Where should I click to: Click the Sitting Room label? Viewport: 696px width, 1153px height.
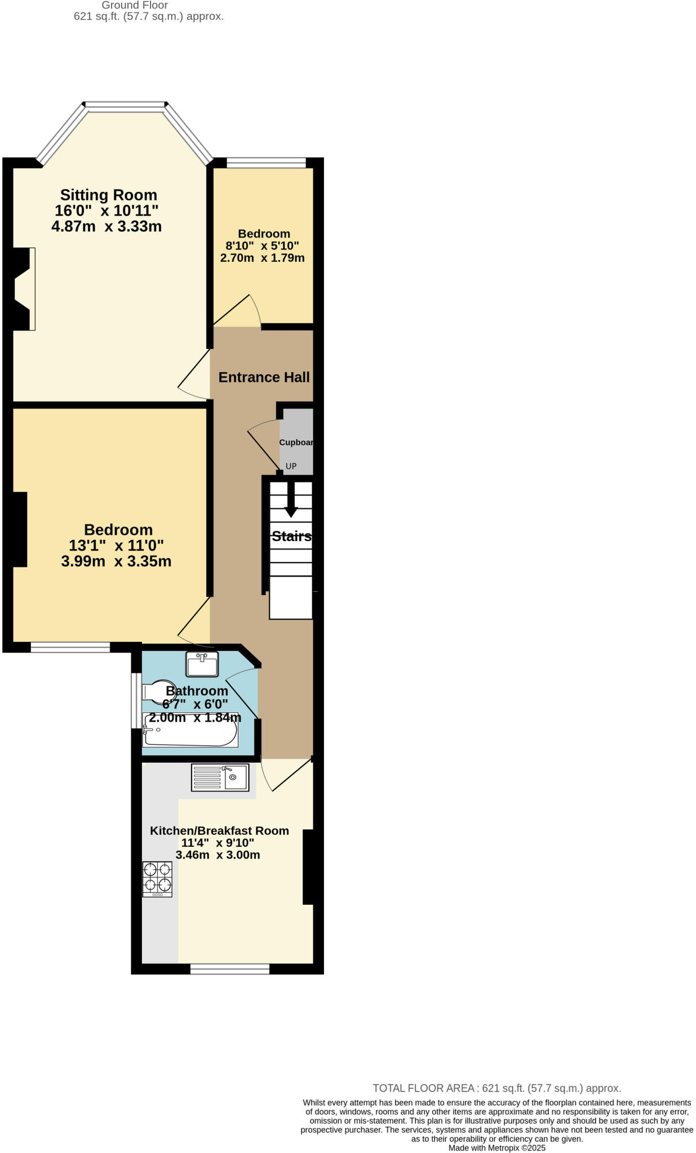point(108,195)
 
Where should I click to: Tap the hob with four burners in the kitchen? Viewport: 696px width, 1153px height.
point(157,879)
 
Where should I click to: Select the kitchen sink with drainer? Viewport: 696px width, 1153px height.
point(220,777)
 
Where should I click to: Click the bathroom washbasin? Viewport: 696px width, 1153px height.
point(202,664)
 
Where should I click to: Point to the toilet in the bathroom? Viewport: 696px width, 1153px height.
point(155,691)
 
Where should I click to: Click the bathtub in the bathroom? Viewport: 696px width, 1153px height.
point(190,730)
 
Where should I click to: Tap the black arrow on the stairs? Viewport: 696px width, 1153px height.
point(291,499)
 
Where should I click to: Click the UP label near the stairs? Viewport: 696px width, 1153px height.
point(291,466)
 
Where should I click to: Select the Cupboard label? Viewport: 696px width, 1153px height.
point(296,443)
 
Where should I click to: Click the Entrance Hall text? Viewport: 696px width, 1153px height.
point(264,377)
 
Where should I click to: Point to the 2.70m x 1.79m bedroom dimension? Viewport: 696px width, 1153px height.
point(262,258)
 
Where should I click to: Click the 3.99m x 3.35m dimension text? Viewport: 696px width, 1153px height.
point(116,561)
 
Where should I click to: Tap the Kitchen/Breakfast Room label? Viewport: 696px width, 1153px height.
point(219,830)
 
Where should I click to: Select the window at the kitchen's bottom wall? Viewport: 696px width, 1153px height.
point(229,968)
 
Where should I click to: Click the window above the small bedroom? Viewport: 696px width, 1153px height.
point(266,163)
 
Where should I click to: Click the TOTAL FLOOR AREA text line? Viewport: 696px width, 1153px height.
point(496,1088)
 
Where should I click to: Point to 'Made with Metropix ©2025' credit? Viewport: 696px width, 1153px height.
point(496,1148)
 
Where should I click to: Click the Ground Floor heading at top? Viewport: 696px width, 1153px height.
point(135,5)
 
